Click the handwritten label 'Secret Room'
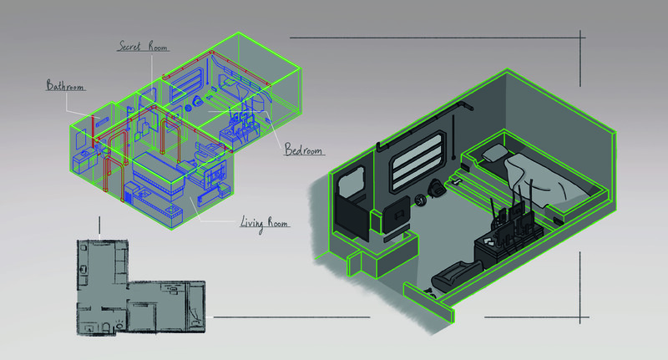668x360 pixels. (x=143, y=46)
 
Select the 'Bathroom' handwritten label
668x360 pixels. (x=65, y=85)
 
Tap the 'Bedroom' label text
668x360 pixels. (x=303, y=150)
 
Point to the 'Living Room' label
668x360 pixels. (x=264, y=223)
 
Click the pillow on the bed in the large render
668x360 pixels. (x=493, y=153)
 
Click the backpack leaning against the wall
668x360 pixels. (x=436, y=188)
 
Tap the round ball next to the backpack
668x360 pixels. (x=421, y=200)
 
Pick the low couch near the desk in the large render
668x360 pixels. (x=456, y=274)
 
